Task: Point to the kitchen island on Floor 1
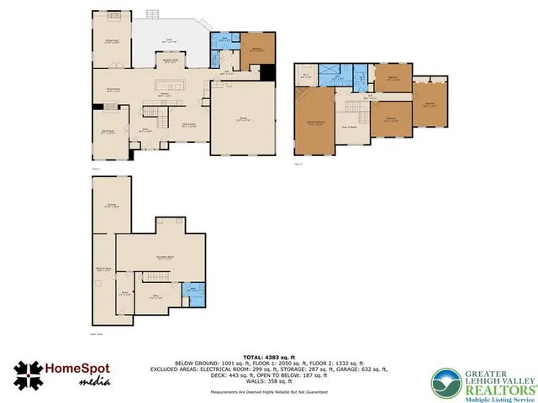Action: tap(169, 85)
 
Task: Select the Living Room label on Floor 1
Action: tap(108, 131)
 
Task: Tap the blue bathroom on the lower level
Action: tap(193, 292)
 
